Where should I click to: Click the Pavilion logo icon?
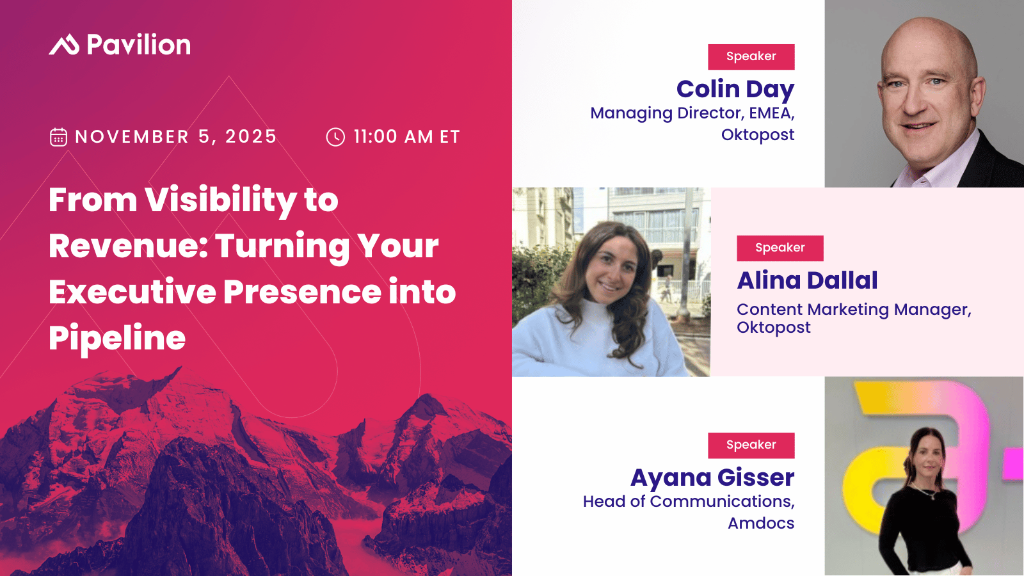64,45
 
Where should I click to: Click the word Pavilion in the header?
138,44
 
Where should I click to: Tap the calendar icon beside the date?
58,137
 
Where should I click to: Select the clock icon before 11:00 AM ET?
335,137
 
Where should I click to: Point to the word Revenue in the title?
127,246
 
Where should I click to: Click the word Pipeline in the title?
117,339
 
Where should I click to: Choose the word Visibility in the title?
221,200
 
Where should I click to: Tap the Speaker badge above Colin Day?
751,57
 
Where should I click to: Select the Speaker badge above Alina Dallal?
780,248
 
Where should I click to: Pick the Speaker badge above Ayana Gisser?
751,445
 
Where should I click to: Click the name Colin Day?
735,89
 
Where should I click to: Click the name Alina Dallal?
807,280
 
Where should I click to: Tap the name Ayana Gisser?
712,477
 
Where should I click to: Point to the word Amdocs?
761,523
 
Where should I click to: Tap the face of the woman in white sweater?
611,269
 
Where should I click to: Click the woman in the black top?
924,503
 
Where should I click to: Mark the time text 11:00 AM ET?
407,137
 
